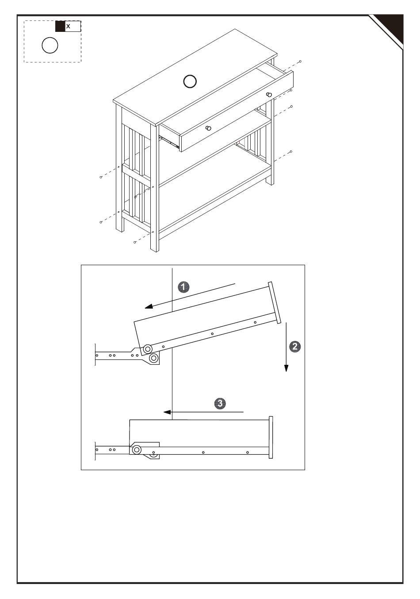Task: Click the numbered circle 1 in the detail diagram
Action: pyautogui.click(x=183, y=287)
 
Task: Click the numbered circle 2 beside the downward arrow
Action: pyautogui.click(x=295, y=346)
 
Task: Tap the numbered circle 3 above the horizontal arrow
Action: pyautogui.click(x=220, y=403)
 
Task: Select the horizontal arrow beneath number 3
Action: pyautogui.click(x=203, y=412)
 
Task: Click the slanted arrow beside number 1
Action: pyautogui.click(x=190, y=295)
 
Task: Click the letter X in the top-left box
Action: pyautogui.click(x=68, y=27)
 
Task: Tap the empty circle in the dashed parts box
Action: pyautogui.click(x=50, y=45)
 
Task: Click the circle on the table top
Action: pyautogui.click(x=190, y=81)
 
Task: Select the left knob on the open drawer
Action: pyautogui.click(x=209, y=128)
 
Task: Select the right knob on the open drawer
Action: pyautogui.click(x=268, y=94)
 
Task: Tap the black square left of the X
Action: pyautogui.click(x=60, y=27)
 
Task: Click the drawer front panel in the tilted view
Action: pyautogui.click(x=274, y=303)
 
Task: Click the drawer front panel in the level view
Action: pyautogui.click(x=271, y=437)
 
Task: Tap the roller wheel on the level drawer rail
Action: pyautogui.click(x=137, y=450)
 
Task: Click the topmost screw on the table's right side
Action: pyautogui.click(x=300, y=61)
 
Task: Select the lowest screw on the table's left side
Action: pyautogui.click(x=134, y=242)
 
